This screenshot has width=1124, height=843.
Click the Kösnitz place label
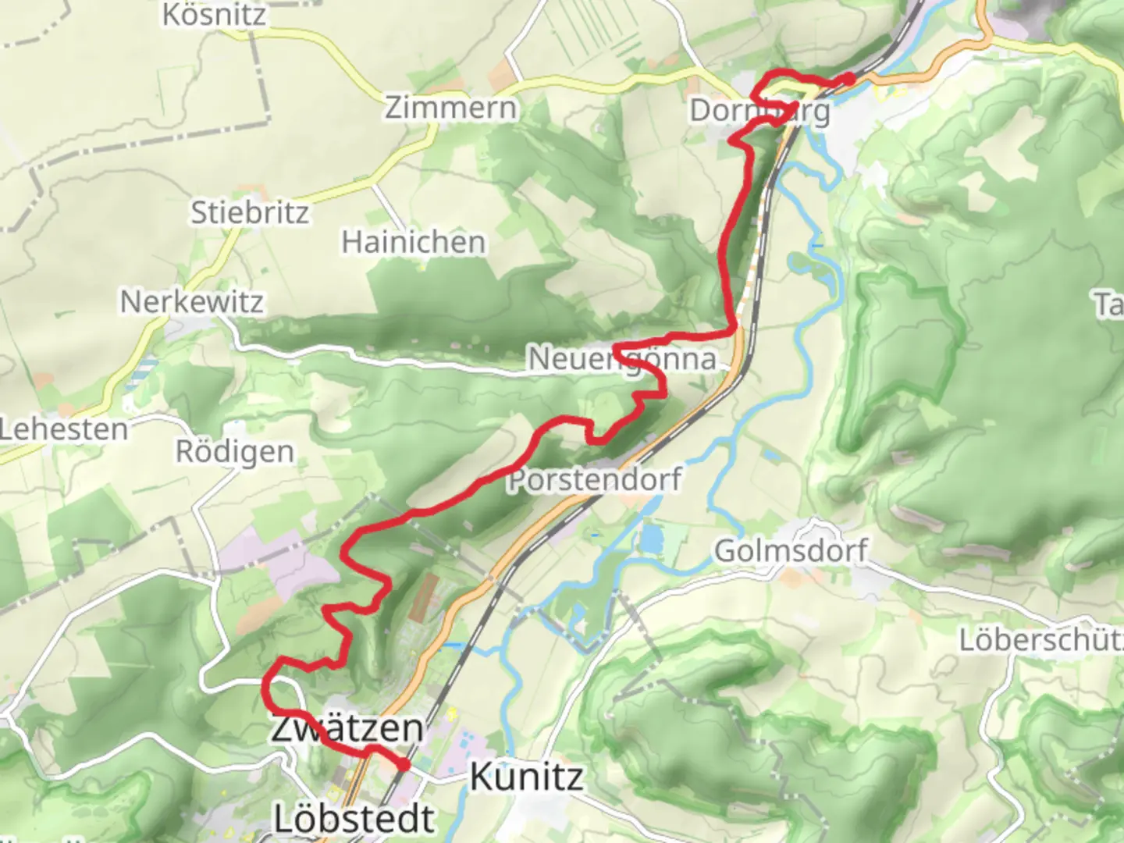click(214, 14)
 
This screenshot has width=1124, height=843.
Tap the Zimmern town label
click(450, 108)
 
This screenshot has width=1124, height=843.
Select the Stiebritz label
click(250, 212)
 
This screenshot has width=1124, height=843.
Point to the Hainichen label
click(414, 242)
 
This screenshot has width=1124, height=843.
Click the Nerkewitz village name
click(192, 302)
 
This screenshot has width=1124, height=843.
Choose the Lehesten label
click(64, 429)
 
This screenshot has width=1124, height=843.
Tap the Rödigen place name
click(235, 451)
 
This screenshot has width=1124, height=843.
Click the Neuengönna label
click(622, 359)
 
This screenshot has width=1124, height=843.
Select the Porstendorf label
click(595, 478)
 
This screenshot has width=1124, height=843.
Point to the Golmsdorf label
click(791, 550)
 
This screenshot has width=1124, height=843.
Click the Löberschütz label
click(1040, 640)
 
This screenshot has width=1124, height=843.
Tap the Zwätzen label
click(347, 727)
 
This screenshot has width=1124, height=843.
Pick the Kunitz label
click(527, 777)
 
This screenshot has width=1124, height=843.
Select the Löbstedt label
click(354, 818)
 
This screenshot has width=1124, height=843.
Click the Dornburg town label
click(759, 111)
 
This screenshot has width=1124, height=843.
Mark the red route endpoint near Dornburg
click(848, 78)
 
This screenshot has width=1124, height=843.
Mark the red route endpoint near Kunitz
click(404, 765)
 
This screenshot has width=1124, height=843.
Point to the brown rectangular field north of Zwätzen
click(422, 598)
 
